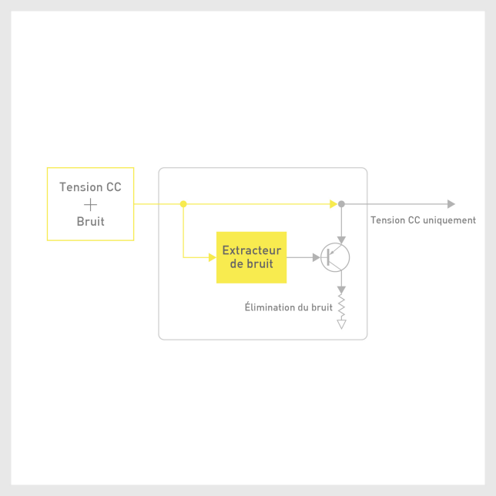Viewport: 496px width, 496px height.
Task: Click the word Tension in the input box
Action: click(x=82, y=187)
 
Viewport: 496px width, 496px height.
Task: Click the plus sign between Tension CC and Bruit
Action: click(x=90, y=204)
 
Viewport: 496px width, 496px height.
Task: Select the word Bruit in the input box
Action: click(x=90, y=222)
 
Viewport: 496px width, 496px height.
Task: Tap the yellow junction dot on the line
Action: click(x=183, y=204)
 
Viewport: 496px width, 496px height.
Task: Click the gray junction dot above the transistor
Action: click(x=341, y=204)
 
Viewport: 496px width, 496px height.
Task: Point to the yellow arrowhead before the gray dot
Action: click(x=333, y=204)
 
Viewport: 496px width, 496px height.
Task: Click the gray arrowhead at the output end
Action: click(x=451, y=204)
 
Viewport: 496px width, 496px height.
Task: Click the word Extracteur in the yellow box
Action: click(x=252, y=250)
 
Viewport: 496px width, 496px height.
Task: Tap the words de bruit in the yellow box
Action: click(x=252, y=263)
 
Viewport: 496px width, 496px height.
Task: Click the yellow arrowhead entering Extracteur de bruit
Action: click(x=213, y=257)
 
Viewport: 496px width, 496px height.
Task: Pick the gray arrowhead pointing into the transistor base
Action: click(x=316, y=257)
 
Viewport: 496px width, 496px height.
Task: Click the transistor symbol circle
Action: click(x=335, y=257)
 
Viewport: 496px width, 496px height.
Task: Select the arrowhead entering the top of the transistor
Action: click(x=341, y=240)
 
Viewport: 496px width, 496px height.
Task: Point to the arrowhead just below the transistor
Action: click(x=341, y=290)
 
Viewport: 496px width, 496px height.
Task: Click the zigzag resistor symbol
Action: click(x=341, y=307)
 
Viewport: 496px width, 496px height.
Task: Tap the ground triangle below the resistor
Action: click(x=341, y=324)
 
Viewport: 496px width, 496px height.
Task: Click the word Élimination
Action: click(x=273, y=307)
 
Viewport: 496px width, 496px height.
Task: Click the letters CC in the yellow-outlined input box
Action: click(x=114, y=187)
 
